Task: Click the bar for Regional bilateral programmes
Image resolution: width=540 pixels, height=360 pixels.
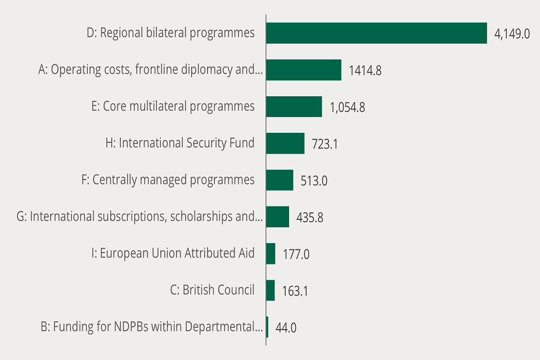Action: pos(376,33)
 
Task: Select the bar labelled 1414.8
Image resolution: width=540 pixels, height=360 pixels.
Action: pos(304,70)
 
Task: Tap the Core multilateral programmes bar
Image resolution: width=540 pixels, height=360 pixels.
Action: pos(294,106)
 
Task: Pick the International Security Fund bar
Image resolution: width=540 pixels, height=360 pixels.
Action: pos(285,143)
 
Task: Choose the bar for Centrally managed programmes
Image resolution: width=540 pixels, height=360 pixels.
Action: pos(280,180)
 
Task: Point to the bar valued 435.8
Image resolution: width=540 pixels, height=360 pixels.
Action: pos(277,217)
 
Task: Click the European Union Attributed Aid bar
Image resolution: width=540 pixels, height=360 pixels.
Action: pos(271,254)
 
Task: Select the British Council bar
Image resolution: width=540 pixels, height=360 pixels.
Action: pos(270,290)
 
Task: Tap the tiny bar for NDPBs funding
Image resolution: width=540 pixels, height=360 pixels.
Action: pos(267,327)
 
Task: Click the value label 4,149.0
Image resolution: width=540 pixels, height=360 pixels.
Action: pos(512,34)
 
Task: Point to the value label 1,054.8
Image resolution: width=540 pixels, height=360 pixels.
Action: pos(347,107)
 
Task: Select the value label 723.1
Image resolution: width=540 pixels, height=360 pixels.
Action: pos(325,144)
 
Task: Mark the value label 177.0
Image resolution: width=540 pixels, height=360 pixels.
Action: pos(296,254)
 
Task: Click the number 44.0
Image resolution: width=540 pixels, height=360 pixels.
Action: pos(286,327)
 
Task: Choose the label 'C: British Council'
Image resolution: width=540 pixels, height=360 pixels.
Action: pos(212,290)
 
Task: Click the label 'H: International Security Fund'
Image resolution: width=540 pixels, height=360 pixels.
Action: pos(180,143)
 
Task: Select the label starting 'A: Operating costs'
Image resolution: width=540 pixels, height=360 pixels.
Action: pos(150,70)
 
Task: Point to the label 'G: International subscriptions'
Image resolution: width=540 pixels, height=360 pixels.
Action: pos(139,217)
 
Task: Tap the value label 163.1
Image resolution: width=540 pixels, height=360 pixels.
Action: pos(295,291)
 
